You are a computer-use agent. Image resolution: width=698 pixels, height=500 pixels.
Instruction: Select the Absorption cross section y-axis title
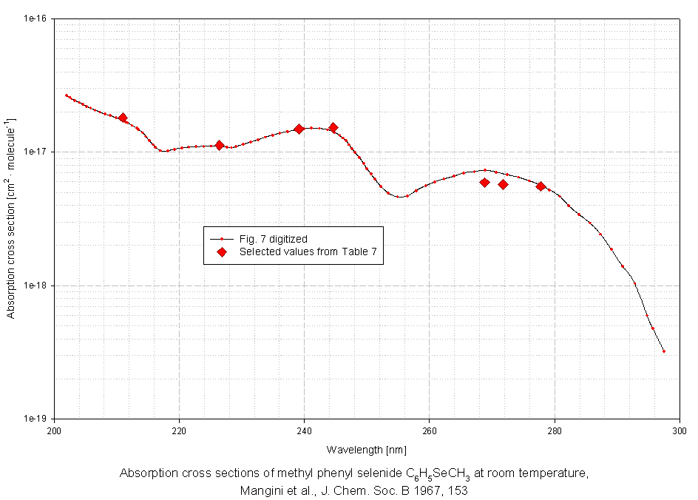pos(11,218)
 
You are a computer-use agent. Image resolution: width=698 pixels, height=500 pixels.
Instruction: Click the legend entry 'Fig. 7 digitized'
pos(273,239)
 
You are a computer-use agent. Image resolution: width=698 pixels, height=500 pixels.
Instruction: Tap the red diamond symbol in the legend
pos(221,252)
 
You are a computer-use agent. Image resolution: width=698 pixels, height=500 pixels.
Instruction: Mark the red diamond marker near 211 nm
pos(123,118)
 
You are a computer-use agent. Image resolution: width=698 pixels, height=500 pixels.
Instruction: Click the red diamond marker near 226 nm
pos(220,145)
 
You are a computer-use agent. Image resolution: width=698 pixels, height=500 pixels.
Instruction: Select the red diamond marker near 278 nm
pos(541,186)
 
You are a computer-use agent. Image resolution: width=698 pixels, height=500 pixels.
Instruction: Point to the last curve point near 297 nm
pos(664,351)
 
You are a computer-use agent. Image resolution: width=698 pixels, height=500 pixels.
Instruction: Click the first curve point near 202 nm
pos(67,95)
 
